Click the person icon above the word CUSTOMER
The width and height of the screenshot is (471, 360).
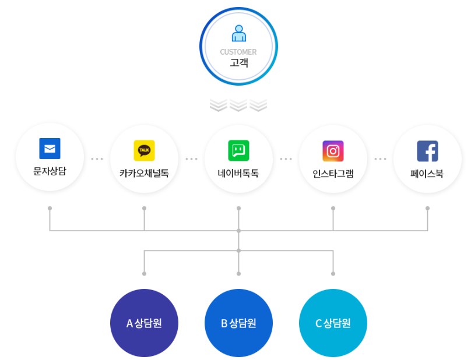tap(238, 33)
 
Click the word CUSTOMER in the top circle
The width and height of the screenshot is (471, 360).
tap(238, 52)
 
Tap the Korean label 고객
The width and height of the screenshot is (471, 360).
tap(238, 62)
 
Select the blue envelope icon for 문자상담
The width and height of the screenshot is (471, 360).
tap(50, 149)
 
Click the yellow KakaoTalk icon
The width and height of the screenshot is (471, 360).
tap(144, 150)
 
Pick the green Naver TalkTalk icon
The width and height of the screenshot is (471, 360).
tap(238, 150)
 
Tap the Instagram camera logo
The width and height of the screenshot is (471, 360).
tap(333, 150)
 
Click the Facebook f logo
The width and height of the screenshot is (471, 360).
tap(427, 150)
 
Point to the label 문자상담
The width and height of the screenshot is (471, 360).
tap(50, 172)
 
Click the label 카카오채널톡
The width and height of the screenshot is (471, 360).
tap(144, 173)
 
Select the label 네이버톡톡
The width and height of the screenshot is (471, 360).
tap(238, 173)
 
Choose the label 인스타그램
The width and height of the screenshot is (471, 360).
tap(333, 173)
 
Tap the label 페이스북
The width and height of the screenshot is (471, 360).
tap(427, 173)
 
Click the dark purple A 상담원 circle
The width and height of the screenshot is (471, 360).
tap(144, 323)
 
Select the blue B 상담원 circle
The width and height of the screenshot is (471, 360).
tap(238, 323)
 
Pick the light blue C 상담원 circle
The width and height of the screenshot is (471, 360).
tap(333, 323)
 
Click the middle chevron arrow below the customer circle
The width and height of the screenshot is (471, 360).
tap(238, 105)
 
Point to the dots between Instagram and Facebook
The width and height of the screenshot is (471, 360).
tap(380, 158)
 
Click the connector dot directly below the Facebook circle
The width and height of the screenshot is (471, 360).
tap(427, 208)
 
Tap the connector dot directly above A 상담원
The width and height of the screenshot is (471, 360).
tap(144, 273)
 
